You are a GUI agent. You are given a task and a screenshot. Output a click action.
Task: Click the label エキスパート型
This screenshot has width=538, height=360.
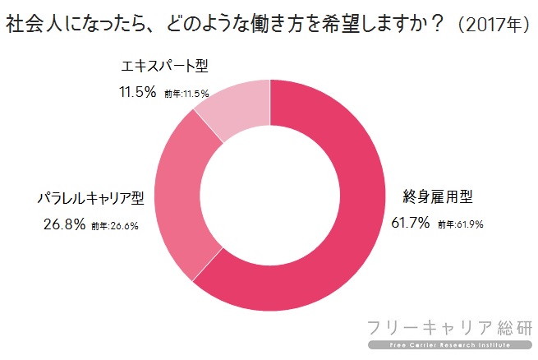point(165,66)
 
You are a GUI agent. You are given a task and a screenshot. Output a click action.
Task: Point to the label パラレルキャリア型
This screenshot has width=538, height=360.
point(91,198)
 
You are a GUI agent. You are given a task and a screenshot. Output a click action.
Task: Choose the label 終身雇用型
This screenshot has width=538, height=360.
point(438,196)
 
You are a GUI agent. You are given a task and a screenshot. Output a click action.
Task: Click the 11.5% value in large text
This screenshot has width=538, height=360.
point(138,92)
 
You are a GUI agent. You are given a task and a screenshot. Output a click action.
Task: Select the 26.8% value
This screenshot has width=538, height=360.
point(65,224)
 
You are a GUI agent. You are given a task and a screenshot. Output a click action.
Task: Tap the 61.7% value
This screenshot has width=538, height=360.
point(411,223)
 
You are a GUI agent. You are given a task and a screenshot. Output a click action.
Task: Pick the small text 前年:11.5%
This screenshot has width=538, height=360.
point(186,94)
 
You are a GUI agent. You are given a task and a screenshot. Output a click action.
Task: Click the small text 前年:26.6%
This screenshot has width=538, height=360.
point(115,226)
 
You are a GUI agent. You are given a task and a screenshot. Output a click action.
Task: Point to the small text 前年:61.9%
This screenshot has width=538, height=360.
point(461,224)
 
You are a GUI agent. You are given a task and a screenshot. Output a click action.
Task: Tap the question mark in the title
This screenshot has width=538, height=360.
point(437,24)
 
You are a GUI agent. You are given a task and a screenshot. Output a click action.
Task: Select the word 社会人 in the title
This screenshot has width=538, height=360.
point(34,24)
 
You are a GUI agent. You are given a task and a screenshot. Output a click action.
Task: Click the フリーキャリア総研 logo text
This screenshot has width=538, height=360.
point(450,328)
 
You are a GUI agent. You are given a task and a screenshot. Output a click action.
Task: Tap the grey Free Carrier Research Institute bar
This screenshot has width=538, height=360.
point(450,345)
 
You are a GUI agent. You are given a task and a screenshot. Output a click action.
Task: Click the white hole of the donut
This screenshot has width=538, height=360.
point(270,196)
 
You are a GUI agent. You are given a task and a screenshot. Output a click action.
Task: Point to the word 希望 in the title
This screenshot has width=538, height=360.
point(340,24)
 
